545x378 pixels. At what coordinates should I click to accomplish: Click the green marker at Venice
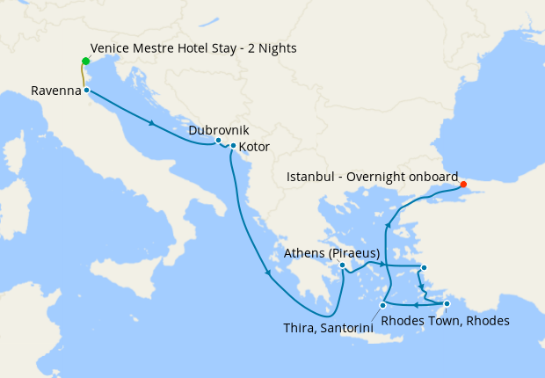85,61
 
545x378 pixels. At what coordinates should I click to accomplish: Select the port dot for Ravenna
86,91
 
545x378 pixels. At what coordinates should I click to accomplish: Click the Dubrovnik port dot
218,141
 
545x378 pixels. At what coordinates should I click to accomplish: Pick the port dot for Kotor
232,146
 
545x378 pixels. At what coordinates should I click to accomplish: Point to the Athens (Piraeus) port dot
343,264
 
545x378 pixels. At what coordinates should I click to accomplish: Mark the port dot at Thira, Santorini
382,305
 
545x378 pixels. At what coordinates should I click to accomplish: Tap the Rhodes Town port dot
447,304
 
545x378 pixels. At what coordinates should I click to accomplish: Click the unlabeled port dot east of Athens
424,268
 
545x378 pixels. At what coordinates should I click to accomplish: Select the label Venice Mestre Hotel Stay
193,47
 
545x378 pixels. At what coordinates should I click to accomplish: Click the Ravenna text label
55,91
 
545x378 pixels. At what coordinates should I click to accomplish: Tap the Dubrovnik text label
213,130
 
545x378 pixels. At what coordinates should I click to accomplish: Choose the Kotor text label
254,147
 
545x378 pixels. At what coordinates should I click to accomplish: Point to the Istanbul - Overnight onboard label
373,177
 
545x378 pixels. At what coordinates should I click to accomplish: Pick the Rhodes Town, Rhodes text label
446,321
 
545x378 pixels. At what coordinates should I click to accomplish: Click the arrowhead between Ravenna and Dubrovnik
153,123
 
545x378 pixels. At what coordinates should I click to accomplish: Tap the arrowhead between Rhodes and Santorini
416,304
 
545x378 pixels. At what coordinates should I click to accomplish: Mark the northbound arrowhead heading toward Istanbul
388,227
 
